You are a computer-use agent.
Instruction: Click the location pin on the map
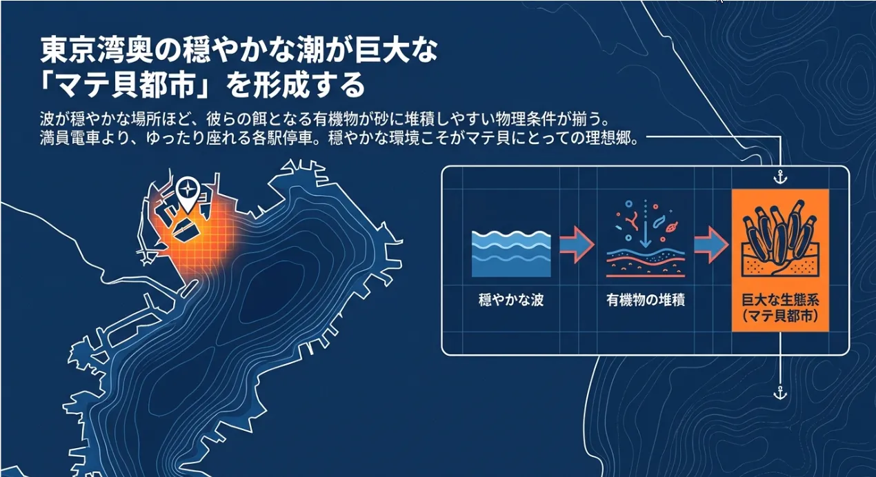[188, 194]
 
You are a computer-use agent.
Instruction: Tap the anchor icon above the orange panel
[780, 177]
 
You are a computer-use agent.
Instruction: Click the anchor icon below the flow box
[780, 393]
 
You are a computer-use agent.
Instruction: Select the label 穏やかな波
[511, 300]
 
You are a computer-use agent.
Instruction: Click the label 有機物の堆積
[646, 300]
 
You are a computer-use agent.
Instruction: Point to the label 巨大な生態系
[780, 300]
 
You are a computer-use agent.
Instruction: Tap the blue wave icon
[511, 254]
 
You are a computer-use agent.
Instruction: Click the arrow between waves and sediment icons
[577, 245]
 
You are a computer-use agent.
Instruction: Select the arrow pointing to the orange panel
[712, 245]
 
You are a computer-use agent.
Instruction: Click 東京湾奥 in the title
[96, 50]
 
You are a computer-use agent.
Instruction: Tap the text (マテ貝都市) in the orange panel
[780, 316]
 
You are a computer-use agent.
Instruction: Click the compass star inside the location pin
[188, 191]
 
